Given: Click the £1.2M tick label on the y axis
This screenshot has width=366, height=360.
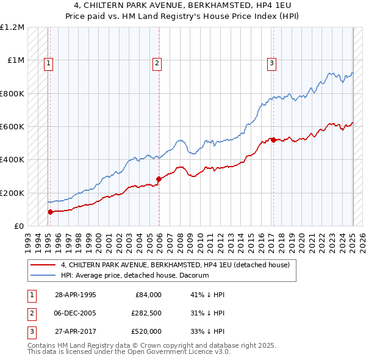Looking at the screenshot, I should (12, 27).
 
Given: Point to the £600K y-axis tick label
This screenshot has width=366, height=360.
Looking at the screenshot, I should (12, 127).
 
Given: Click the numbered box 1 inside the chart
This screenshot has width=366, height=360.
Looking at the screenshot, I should (48, 62).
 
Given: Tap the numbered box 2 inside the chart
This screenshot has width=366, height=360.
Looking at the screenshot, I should (157, 62).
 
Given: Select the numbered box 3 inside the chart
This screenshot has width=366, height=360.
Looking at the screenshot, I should (271, 62).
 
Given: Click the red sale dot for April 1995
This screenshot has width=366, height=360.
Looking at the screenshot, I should (50, 212).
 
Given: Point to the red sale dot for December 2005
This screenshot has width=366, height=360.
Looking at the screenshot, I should (159, 179).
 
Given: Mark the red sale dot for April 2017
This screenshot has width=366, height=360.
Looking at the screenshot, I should (273, 140).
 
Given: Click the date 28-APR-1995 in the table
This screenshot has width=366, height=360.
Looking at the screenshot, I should (76, 294).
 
